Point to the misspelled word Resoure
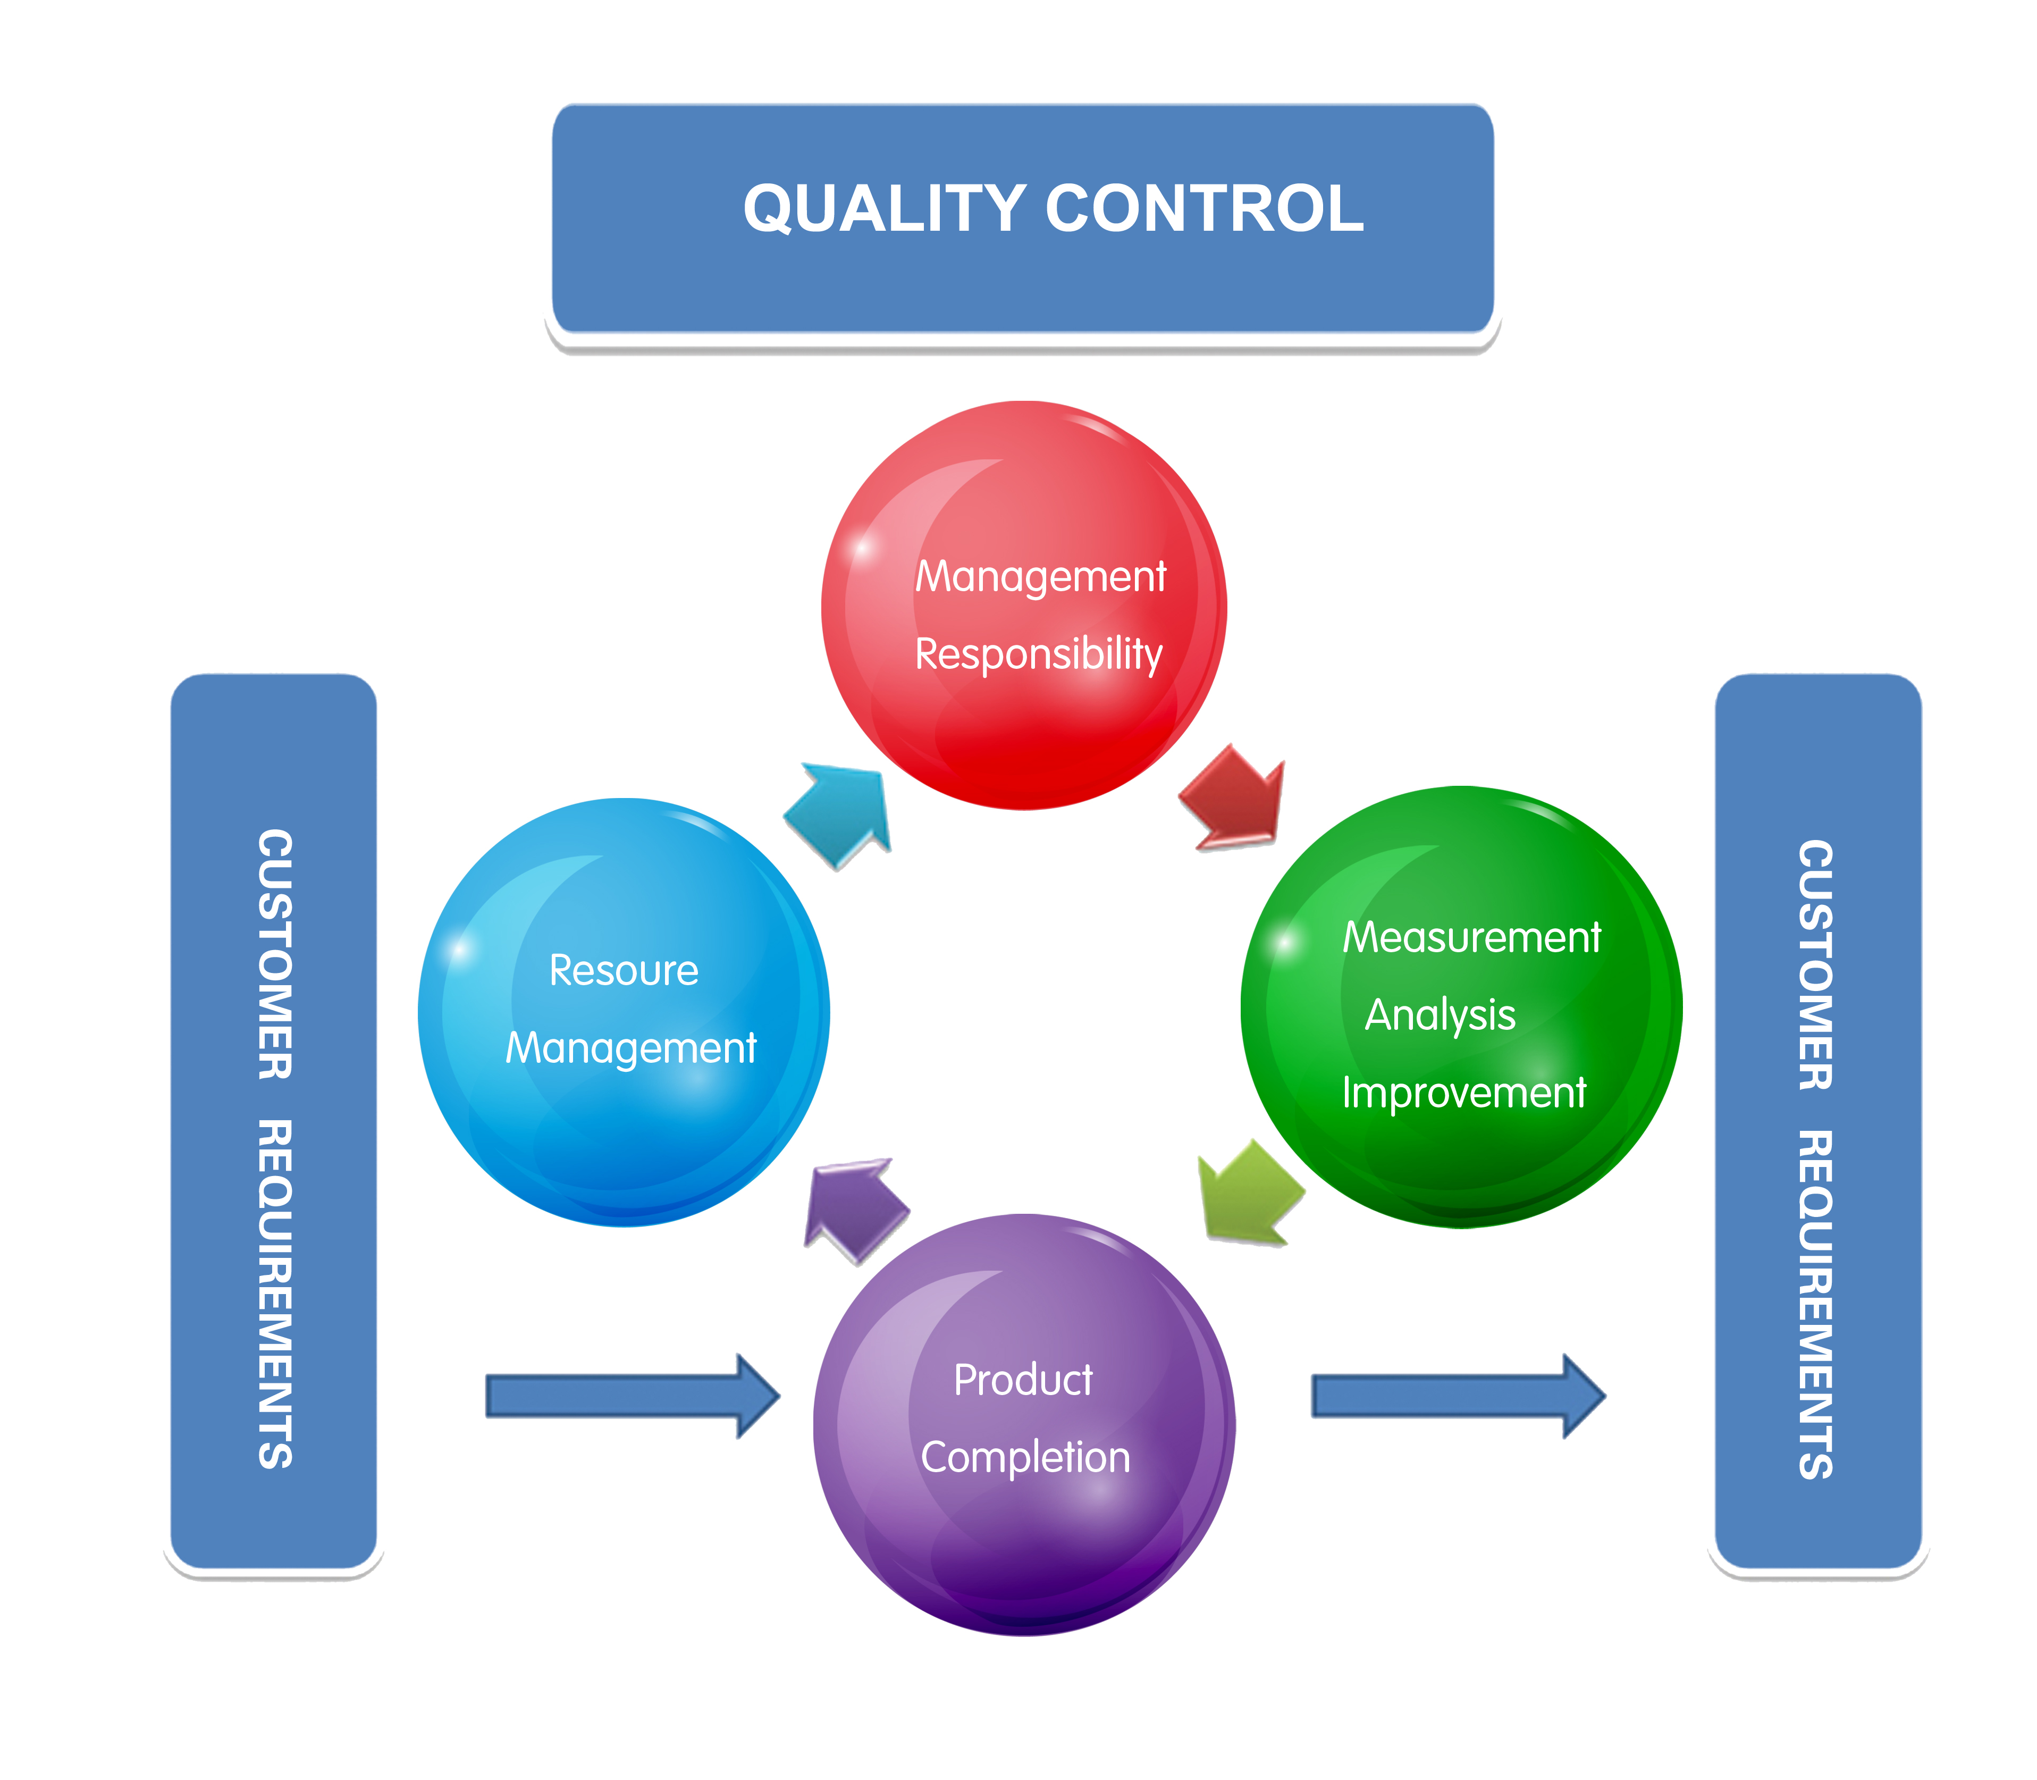[624, 970]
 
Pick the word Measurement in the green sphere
[1472, 938]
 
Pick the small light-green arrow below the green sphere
[1249, 1192]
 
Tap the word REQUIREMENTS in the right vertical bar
[1815, 1305]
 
